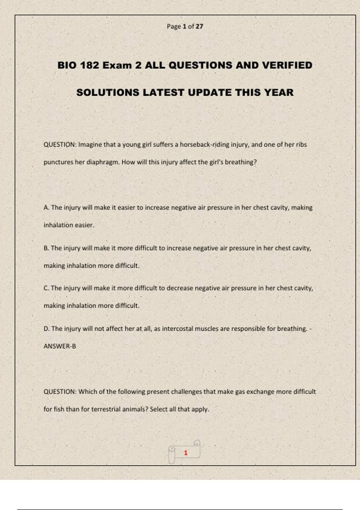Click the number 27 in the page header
199,26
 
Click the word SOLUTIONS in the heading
108,92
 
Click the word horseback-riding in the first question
205,145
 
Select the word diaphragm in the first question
103,162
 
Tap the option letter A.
46,208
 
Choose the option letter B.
46,248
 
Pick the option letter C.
46,288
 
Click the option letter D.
46,328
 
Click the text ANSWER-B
60,346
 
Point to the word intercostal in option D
177,328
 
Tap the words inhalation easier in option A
69,225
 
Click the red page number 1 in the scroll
186,453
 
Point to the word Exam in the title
117,65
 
